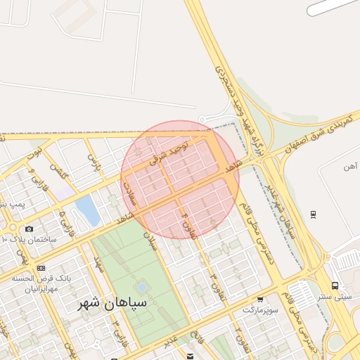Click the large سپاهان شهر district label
(112, 304)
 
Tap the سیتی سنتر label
(333, 297)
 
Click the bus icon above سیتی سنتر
(334, 285)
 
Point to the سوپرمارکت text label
(261, 309)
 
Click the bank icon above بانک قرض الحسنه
(40, 268)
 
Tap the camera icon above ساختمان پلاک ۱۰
(29, 229)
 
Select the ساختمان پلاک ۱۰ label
(29, 239)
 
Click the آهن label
(350, 167)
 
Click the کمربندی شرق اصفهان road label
(323, 132)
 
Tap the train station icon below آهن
(313, 214)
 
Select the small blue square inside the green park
(142, 288)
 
